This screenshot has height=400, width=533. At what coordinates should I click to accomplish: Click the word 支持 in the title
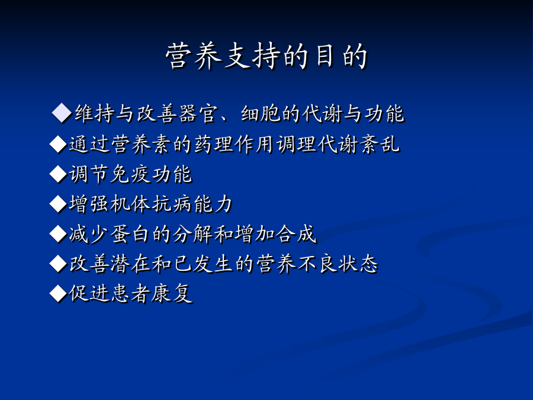(x=251, y=56)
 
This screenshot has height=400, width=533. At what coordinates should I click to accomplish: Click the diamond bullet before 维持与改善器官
(x=62, y=113)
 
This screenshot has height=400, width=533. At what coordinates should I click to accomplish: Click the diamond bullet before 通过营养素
(x=58, y=144)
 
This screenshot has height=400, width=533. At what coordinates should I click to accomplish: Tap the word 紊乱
(x=380, y=144)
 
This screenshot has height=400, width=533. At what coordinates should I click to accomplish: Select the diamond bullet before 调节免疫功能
(x=58, y=174)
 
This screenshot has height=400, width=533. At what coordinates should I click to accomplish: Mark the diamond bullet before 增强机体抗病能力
(x=58, y=204)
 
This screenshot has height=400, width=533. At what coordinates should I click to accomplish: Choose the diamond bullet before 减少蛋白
(x=58, y=234)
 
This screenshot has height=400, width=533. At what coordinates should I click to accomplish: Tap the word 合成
(x=296, y=234)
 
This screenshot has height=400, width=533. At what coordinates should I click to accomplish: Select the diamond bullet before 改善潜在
(x=58, y=264)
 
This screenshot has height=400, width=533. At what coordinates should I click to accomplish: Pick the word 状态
(x=358, y=264)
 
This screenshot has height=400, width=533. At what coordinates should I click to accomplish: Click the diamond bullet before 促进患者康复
(x=58, y=293)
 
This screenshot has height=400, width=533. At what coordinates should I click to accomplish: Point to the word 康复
(x=172, y=293)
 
